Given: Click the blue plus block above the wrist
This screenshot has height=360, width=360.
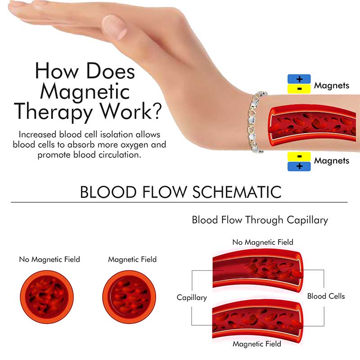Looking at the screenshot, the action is coord(299,79).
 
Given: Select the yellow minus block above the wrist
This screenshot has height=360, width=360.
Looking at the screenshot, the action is coord(299,89).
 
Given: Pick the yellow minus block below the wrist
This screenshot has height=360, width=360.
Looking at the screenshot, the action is coord(299,157).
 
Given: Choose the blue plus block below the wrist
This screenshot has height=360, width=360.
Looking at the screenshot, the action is coord(299,166).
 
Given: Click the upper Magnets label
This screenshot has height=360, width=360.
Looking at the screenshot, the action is coord(332,85).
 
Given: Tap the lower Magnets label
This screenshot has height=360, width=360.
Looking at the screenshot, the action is coord(332,161).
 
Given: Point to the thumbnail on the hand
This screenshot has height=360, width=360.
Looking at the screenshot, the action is coord(114,27).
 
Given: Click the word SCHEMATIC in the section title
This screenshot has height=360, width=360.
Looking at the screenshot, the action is coord(237,192).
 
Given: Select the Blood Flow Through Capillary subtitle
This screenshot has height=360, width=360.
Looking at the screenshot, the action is coord(260,220).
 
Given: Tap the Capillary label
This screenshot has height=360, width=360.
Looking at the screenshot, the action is coord(192,297).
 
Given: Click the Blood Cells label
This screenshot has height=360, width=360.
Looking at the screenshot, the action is coord(326,296).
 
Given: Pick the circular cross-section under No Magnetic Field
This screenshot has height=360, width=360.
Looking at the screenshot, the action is coord(47,297).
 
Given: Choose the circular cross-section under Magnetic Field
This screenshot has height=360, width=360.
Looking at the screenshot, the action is coord(129,297).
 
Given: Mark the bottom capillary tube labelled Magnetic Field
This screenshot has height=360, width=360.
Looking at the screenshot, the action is coord(257,321).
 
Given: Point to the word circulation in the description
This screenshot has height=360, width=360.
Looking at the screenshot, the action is coord(120,155).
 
